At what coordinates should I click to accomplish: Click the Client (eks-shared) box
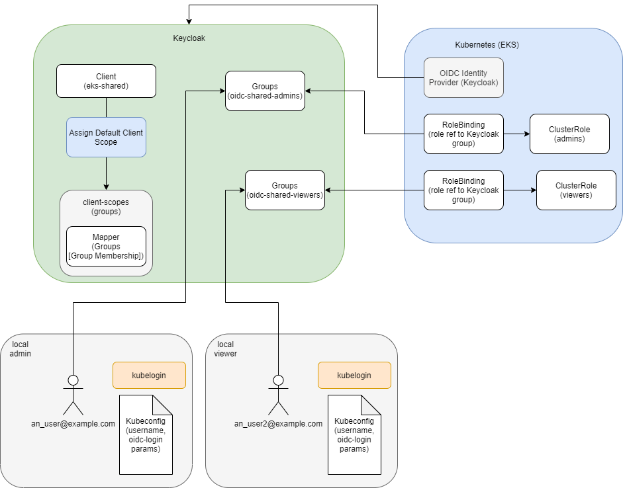click(x=106, y=81)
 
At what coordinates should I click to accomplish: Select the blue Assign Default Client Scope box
click(x=106, y=137)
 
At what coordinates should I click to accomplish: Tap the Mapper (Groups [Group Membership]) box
click(x=106, y=246)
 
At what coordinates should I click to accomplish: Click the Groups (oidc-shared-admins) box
click(x=265, y=91)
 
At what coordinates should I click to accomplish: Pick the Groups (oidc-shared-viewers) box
click(x=285, y=190)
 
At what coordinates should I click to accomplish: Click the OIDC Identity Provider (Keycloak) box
click(x=463, y=77)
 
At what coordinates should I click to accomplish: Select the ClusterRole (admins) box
click(x=569, y=134)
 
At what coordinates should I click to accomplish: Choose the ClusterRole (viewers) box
click(x=576, y=190)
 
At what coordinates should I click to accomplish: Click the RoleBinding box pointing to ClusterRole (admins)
click(x=463, y=134)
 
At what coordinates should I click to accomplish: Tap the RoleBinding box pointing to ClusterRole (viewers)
click(x=463, y=190)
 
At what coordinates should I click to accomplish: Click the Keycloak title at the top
click(x=189, y=38)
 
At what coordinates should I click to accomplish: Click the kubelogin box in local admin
click(x=149, y=375)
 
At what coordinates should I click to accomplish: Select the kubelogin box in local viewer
click(x=354, y=375)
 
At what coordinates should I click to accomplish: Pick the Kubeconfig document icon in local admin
click(x=146, y=434)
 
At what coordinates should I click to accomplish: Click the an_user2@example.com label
click(x=278, y=424)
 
